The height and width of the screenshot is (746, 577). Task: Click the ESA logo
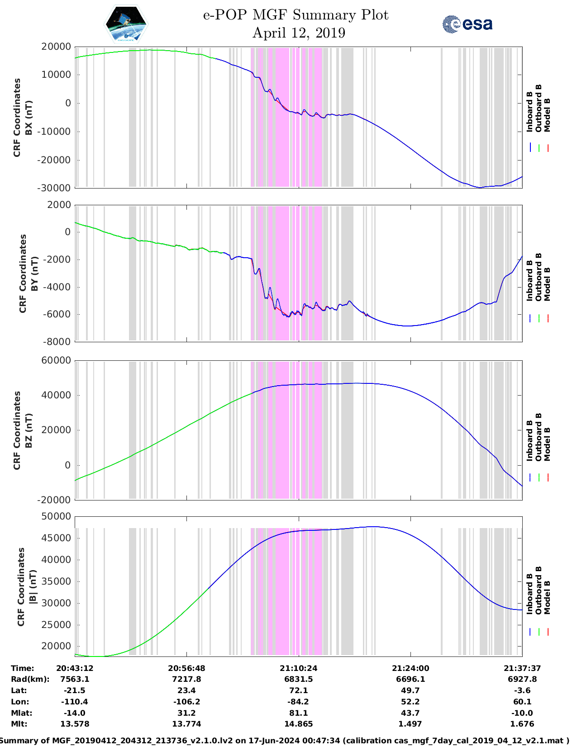467,24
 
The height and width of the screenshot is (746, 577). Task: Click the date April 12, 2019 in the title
299,33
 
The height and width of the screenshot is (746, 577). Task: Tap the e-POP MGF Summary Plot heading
296,15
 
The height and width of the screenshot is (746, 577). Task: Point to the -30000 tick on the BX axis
56,188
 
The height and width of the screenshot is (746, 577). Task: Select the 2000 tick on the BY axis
59,205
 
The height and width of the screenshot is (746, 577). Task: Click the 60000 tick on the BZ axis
56,360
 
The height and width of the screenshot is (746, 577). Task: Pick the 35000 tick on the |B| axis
56,581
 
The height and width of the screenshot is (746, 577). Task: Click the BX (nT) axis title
29,118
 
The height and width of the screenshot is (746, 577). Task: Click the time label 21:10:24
298,668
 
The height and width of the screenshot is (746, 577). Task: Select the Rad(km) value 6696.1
410,679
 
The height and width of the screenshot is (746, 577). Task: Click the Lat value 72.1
298,690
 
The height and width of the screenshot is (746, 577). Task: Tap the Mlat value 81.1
298,713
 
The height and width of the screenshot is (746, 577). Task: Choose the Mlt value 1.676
522,724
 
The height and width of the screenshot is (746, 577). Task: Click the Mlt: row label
19,724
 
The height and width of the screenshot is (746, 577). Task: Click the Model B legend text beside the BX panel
547,115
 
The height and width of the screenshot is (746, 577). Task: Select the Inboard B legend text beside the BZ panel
530,440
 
